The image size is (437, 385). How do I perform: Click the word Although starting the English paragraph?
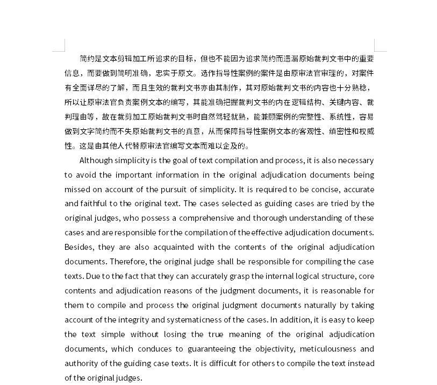[x=96, y=160]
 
